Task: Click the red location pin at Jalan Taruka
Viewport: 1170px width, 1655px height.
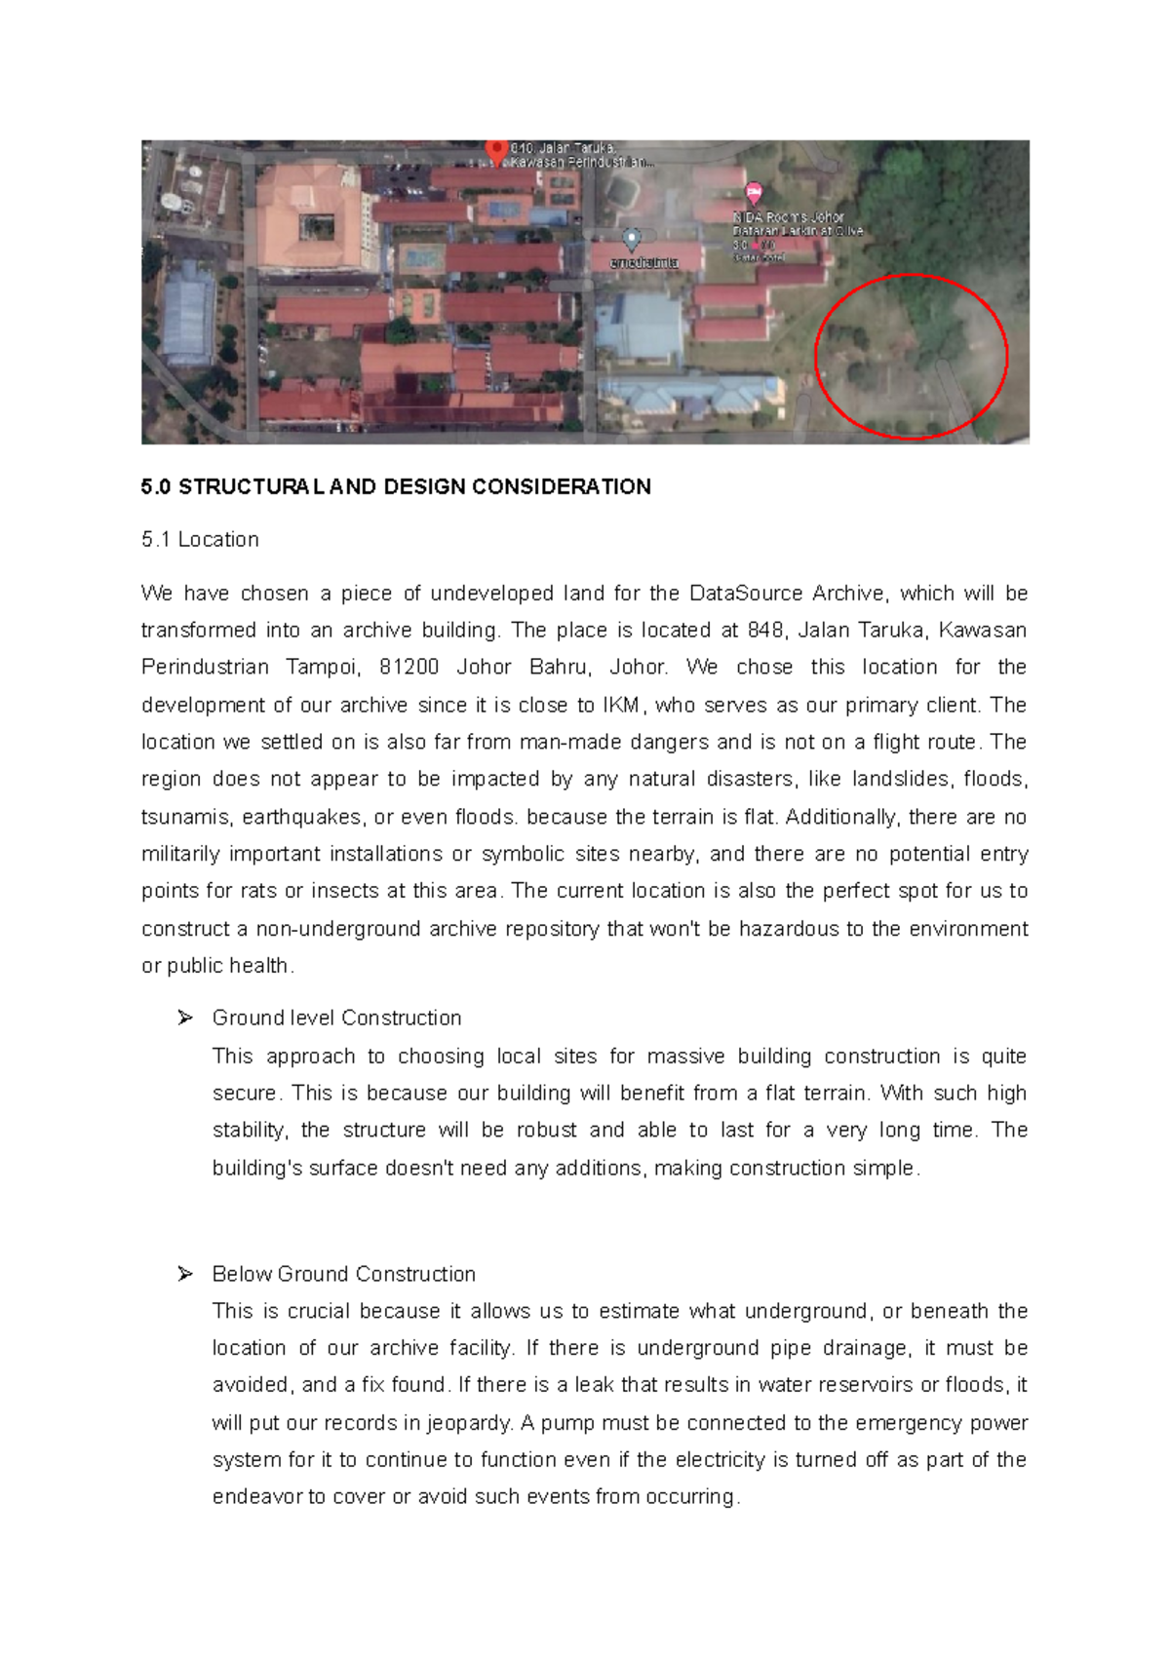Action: (497, 149)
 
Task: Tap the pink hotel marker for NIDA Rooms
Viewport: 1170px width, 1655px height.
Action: (754, 192)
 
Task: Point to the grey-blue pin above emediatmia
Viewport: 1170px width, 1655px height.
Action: (632, 238)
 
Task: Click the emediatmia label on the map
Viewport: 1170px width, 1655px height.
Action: (643, 263)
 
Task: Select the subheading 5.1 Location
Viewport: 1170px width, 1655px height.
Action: (200, 540)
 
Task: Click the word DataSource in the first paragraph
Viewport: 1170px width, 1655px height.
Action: (746, 594)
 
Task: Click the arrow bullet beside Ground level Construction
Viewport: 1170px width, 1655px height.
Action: (185, 1018)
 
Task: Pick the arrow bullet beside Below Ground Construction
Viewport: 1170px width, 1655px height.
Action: (185, 1274)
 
